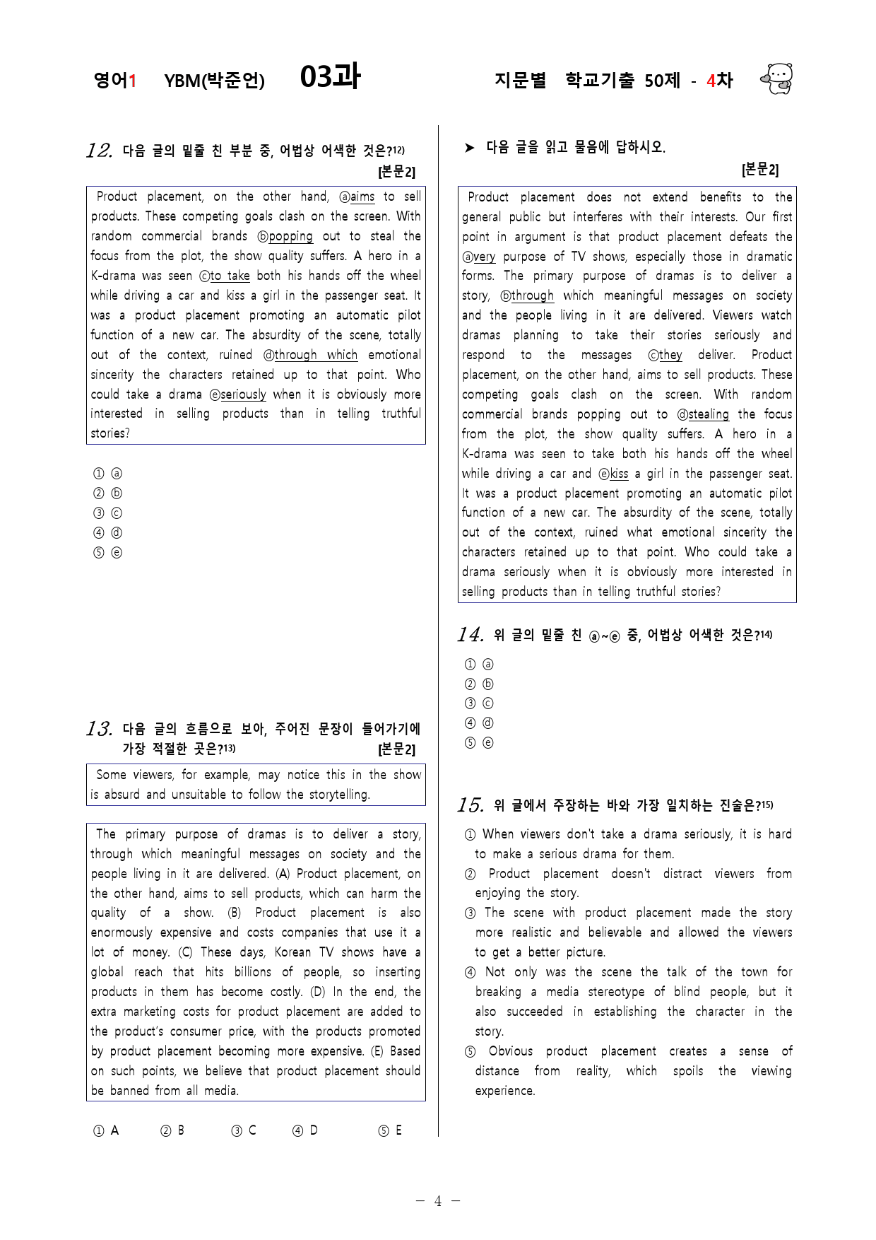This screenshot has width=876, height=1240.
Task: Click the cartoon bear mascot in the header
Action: [777, 78]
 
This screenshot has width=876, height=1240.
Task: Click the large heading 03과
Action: [330, 76]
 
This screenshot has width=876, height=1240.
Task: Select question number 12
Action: [99, 151]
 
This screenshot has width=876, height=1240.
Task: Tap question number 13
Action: [99, 729]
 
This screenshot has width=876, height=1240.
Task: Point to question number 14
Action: [470, 635]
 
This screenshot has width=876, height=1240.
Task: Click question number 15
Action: [470, 805]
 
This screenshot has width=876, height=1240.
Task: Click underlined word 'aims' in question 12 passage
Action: [362, 197]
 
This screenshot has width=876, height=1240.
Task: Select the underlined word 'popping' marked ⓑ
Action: [290, 237]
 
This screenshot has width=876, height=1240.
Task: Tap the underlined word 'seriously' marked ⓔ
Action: [243, 394]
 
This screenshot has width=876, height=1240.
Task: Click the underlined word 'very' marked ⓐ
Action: [484, 257]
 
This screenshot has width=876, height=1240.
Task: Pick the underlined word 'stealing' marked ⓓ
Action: [709, 414]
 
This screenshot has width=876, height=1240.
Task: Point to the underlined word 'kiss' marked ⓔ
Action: [619, 474]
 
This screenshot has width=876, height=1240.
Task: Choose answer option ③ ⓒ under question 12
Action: [107, 513]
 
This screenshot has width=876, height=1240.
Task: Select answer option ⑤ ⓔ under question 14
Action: [479, 743]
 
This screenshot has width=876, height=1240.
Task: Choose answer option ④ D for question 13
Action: [305, 1130]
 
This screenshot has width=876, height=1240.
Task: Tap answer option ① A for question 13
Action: [106, 1130]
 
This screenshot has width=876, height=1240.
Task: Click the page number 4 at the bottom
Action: [438, 1201]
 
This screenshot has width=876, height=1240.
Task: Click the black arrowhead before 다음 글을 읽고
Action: [470, 148]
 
